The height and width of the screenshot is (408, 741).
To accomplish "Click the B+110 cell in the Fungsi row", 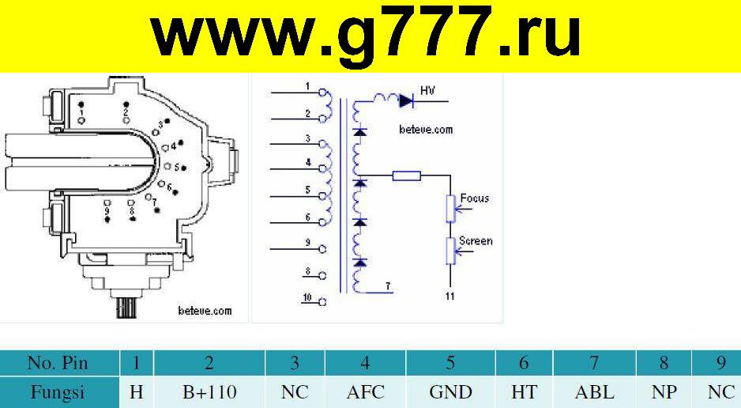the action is pyautogui.click(x=209, y=392).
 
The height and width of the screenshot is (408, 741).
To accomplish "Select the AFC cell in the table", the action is pyautogui.click(x=365, y=392).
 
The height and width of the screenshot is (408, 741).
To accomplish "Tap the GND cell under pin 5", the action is pyautogui.click(x=450, y=392).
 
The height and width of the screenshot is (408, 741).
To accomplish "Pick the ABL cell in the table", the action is pyautogui.click(x=595, y=392).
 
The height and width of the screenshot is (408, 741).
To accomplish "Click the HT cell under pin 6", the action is pyautogui.click(x=524, y=392).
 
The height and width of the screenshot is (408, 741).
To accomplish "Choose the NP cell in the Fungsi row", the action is pyautogui.click(x=664, y=392).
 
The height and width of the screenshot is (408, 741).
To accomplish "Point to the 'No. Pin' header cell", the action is pyautogui.click(x=58, y=363).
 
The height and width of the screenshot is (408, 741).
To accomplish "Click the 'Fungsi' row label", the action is pyautogui.click(x=58, y=392).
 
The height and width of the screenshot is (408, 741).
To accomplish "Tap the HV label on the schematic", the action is pyautogui.click(x=427, y=90).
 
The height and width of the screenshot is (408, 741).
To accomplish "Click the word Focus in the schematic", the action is pyautogui.click(x=475, y=198).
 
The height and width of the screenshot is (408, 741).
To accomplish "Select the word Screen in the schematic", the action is pyautogui.click(x=476, y=240).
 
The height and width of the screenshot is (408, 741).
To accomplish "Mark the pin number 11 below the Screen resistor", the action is pyautogui.click(x=449, y=296).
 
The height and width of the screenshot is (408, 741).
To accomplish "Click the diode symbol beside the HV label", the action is pyautogui.click(x=406, y=100).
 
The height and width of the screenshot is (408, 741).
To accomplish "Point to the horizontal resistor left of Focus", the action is pyautogui.click(x=406, y=176).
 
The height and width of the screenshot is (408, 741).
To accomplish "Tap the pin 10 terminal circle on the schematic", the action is pyautogui.click(x=323, y=301).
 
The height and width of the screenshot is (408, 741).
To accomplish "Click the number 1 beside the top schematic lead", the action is pyautogui.click(x=307, y=86).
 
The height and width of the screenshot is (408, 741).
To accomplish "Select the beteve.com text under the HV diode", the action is pyautogui.click(x=426, y=130).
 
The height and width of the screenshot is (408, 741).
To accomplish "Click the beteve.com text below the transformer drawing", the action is pyautogui.click(x=205, y=311).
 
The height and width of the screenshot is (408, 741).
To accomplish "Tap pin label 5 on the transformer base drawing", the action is pyautogui.click(x=176, y=168).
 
